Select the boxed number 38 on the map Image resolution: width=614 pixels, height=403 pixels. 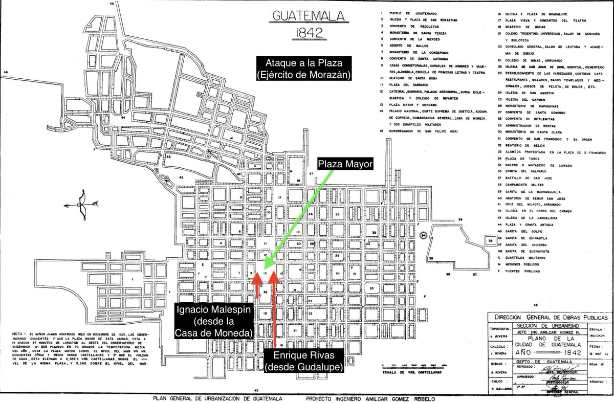tap(490, 240)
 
